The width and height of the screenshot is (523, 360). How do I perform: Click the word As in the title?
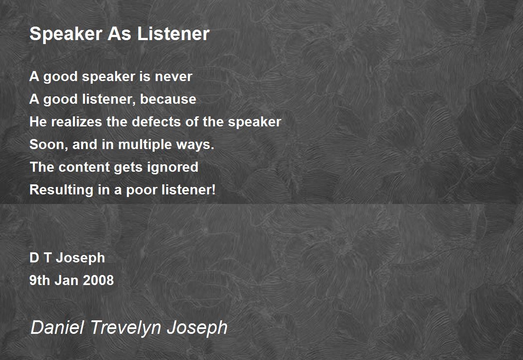click(119, 34)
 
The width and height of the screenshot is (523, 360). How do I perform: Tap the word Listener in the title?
click(173, 34)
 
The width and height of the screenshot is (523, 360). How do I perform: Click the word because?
click(168, 99)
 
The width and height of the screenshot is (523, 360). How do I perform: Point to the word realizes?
click(76, 122)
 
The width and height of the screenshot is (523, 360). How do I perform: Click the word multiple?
click(145, 145)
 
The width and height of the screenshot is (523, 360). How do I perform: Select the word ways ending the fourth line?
click(195, 145)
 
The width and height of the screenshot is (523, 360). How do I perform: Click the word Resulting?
click(61, 190)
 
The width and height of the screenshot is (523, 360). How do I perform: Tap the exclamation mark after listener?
click(213, 189)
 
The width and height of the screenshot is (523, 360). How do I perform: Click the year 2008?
click(98, 280)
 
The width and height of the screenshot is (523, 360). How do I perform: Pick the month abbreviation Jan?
click(67, 280)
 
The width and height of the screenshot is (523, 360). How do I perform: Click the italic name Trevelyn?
click(126, 328)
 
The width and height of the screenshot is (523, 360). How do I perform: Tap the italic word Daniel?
click(58, 327)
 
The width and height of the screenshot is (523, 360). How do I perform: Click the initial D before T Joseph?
click(34, 258)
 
